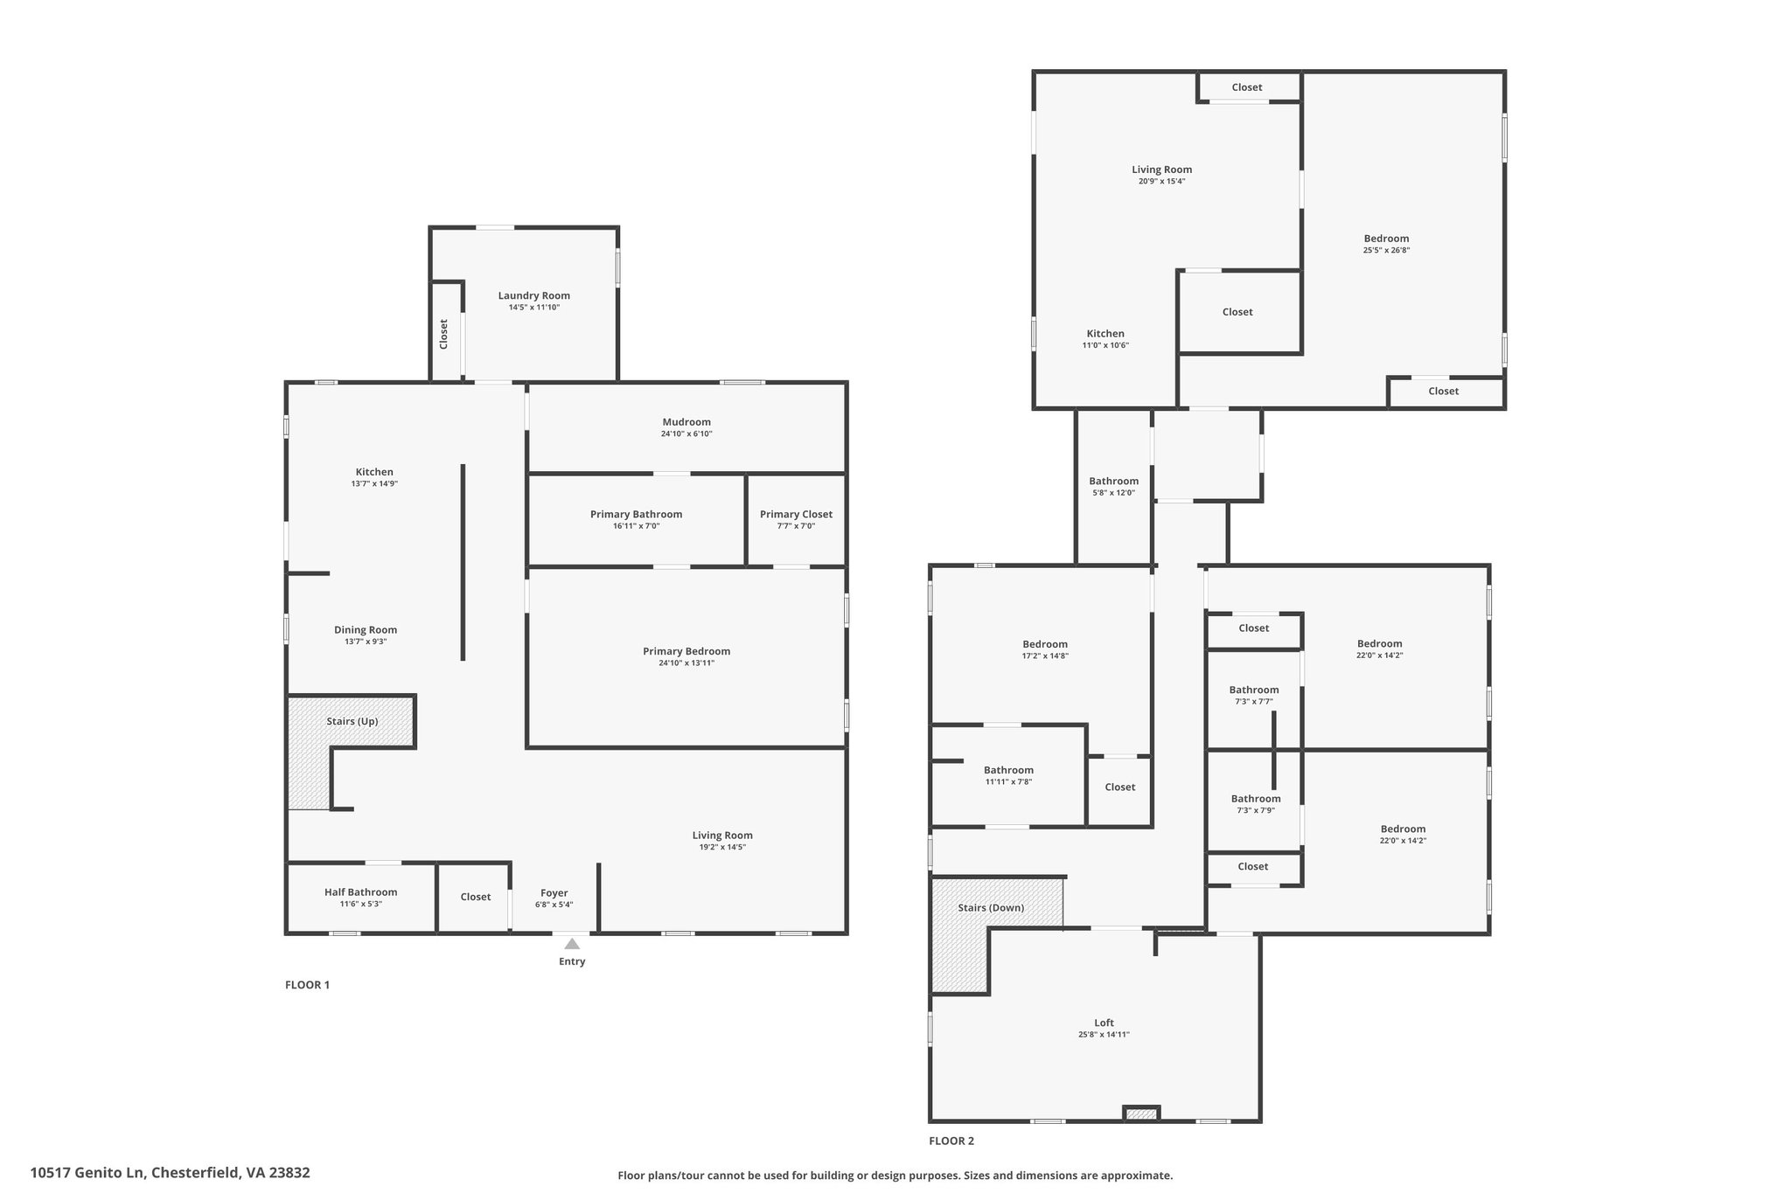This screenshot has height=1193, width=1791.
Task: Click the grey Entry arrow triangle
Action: [x=572, y=944]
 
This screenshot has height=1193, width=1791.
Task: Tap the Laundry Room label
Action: [x=534, y=295]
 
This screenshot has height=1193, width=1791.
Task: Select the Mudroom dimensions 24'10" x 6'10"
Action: [x=686, y=434]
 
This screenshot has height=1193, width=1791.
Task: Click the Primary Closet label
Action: [x=796, y=514]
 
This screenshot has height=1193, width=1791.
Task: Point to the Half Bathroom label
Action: [x=360, y=892]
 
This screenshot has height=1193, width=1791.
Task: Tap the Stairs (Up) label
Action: [x=352, y=721]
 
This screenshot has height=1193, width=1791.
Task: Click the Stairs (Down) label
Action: [x=991, y=908]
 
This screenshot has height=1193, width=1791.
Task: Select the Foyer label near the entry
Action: [x=554, y=893]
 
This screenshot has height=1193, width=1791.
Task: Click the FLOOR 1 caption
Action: [x=307, y=985]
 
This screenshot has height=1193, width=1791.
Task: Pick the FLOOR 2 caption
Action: [x=951, y=1141]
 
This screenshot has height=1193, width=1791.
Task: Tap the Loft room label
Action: [x=1105, y=1023]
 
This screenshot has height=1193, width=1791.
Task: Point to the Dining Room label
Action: [x=366, y=629]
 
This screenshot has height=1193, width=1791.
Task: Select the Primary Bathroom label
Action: [x=636, y=514]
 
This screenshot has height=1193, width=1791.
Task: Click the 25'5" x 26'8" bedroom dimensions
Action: [x=1386, y=250]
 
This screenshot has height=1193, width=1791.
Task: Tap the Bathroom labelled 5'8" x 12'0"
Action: [x=1114, y=481]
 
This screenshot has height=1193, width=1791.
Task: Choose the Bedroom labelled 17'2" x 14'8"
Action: [x=1045, y=644]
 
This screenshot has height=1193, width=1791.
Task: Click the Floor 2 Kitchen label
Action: [x=1105, y=333]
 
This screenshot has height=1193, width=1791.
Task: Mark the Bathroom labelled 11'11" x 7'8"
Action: [x=1008, y=770]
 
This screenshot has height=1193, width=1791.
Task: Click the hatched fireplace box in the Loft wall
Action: [x=1141, y=1113]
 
